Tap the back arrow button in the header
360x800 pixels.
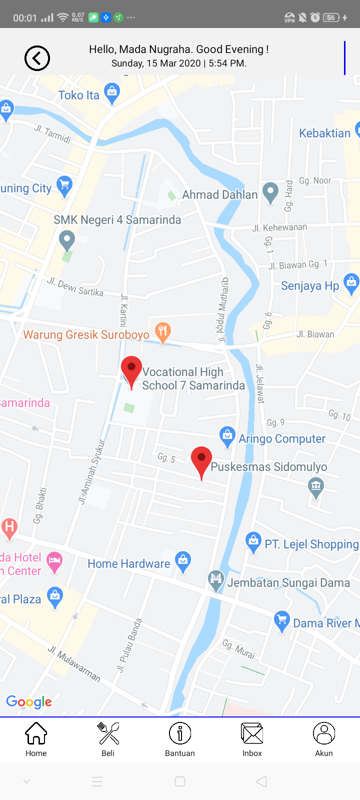click(37, 58)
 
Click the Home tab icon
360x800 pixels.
click(36, 733)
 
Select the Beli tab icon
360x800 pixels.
click(108, 733)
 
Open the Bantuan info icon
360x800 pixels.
click(180, 733)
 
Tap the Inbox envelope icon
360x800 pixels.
click(252, 733)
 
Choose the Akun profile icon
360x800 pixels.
click(324, 733)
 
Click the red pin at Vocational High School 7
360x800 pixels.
click(131, 370)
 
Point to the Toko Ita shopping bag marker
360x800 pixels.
click(112, 93)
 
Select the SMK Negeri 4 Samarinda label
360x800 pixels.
click(117, 220)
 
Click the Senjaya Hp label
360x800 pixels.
click(310, 286)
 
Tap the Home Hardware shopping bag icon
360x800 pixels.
click(183, 560)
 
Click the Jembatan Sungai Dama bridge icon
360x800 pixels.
click(216, 580)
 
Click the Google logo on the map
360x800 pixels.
click(29, 702)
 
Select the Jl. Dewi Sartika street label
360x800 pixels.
click(75, 287)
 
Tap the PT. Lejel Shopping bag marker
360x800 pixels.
click(253, 541)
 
